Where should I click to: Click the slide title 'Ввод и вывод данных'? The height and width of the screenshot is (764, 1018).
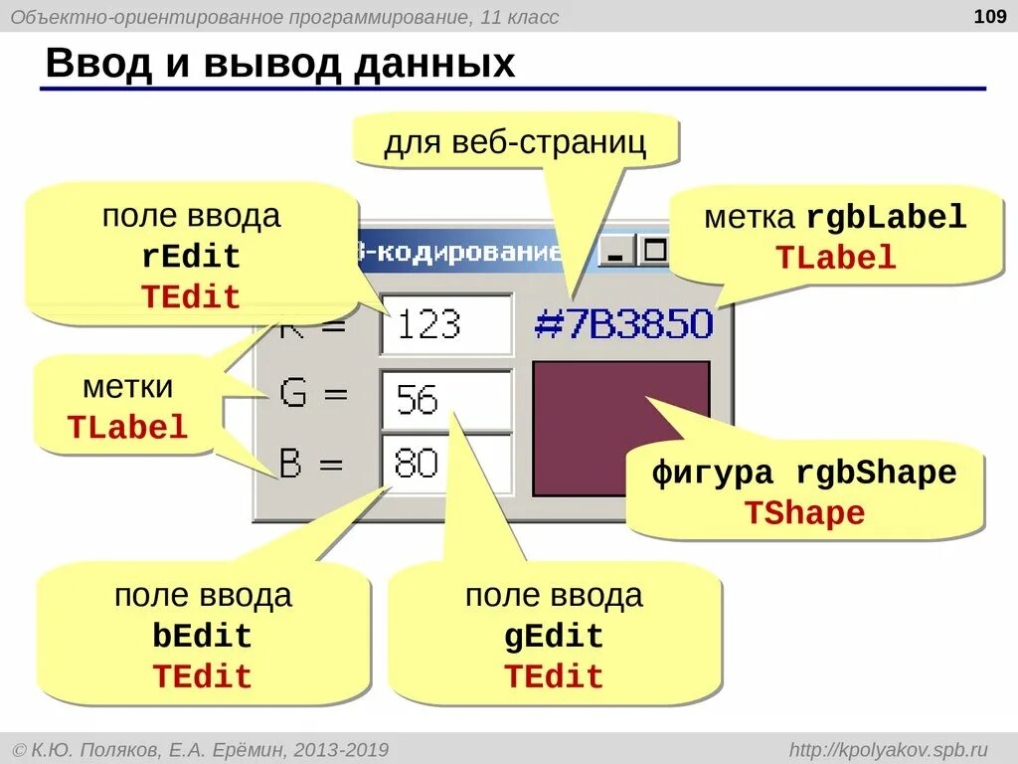(281, 64)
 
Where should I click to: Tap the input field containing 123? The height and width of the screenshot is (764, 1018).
(445, 324)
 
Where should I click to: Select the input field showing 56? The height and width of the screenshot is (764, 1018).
(445, 400)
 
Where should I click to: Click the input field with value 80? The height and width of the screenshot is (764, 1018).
(445, 464)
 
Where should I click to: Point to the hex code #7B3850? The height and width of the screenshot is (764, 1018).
(623, 324)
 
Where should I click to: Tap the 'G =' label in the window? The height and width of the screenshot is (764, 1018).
(313, 394)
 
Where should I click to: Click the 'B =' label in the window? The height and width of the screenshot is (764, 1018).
(311, 464)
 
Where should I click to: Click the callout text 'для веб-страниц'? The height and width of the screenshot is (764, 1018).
(515, 142)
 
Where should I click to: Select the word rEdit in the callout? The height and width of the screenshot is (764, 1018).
(191, 257)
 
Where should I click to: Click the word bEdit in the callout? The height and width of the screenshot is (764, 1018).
(202, 637)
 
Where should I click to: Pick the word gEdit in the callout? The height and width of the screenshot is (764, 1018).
(554, 637)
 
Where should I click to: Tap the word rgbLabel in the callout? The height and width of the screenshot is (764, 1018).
(886, 218)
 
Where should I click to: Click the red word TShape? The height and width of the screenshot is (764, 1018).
(804, 513)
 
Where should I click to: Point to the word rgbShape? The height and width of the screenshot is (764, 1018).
(876, 474)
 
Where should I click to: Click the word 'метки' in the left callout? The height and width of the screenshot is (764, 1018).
(128, 386)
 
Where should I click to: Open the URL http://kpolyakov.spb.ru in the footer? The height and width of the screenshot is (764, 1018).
(888, 748)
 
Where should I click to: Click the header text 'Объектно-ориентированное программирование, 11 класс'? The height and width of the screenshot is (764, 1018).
(285, 17)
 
